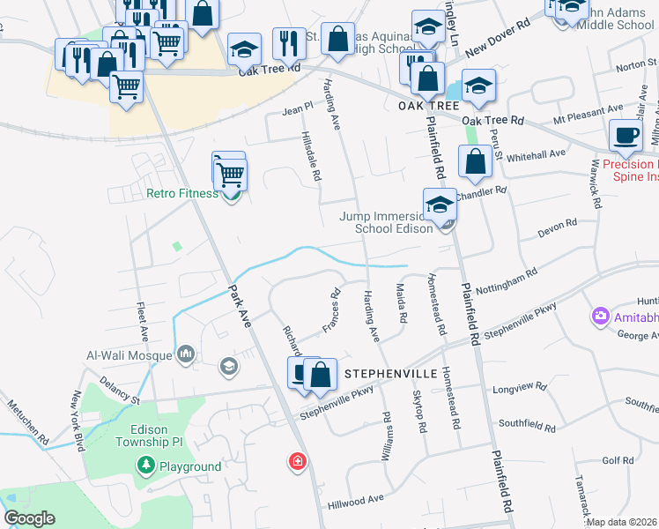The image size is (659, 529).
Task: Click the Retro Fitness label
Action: [181, 193]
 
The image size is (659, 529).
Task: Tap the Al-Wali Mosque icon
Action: [185, 354]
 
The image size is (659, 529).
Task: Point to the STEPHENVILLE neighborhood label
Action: [389, 374]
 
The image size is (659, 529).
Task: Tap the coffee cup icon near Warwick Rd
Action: [626, 135]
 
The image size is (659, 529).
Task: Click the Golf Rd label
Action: [618, 460]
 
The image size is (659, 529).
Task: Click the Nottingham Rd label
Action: [506, 281]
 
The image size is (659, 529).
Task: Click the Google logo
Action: [29, 519]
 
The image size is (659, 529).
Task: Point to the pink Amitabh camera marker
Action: [601, 315]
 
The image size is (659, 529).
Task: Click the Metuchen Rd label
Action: [30, 425]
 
